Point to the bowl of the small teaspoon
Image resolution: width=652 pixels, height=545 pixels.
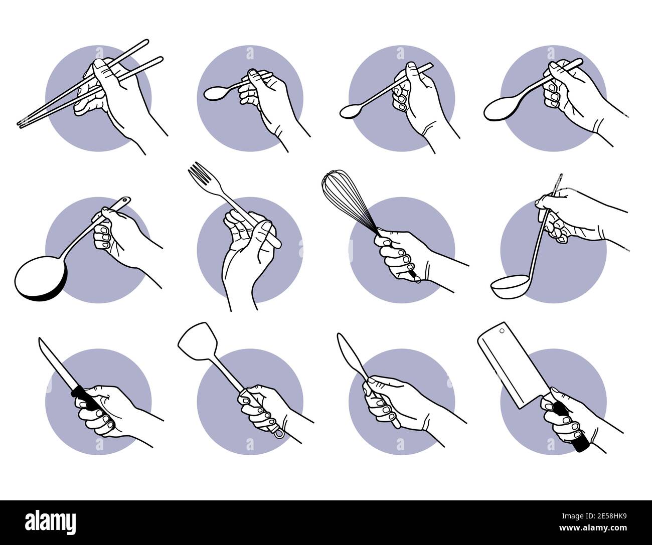(215, 93)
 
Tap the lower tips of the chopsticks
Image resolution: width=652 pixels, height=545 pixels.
(23, 123)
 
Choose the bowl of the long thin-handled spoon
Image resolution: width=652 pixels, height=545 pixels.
(350, 112)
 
